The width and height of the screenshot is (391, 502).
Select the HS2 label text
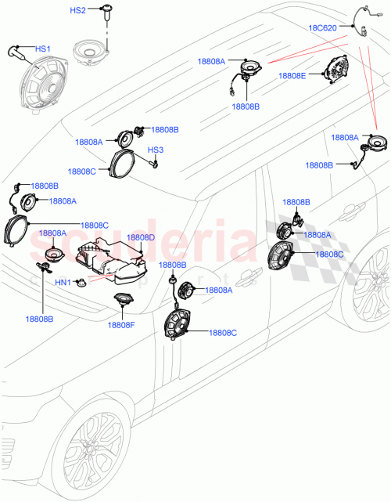point(79,11)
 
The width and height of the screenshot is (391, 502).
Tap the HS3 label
point(156,150)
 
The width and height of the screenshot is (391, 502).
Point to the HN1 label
point(63,282)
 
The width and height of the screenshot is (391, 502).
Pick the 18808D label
point(141,237)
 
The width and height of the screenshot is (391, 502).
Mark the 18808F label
point(121,325)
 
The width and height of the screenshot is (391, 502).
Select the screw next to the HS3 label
point(155,164)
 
